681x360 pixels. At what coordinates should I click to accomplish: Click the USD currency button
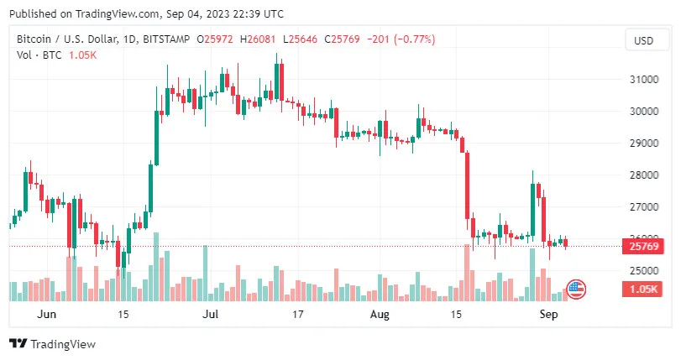643,40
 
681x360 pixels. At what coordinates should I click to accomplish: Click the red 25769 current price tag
643,247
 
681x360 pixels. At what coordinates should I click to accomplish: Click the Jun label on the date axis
47,315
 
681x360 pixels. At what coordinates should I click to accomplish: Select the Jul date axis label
211,315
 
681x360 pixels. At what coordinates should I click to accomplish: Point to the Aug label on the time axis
380,315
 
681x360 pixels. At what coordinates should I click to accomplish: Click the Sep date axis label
547,315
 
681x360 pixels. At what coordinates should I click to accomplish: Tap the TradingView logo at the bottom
52,344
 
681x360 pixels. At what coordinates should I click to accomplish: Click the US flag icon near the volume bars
576,290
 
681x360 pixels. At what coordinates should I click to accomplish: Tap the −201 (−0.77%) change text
396,39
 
